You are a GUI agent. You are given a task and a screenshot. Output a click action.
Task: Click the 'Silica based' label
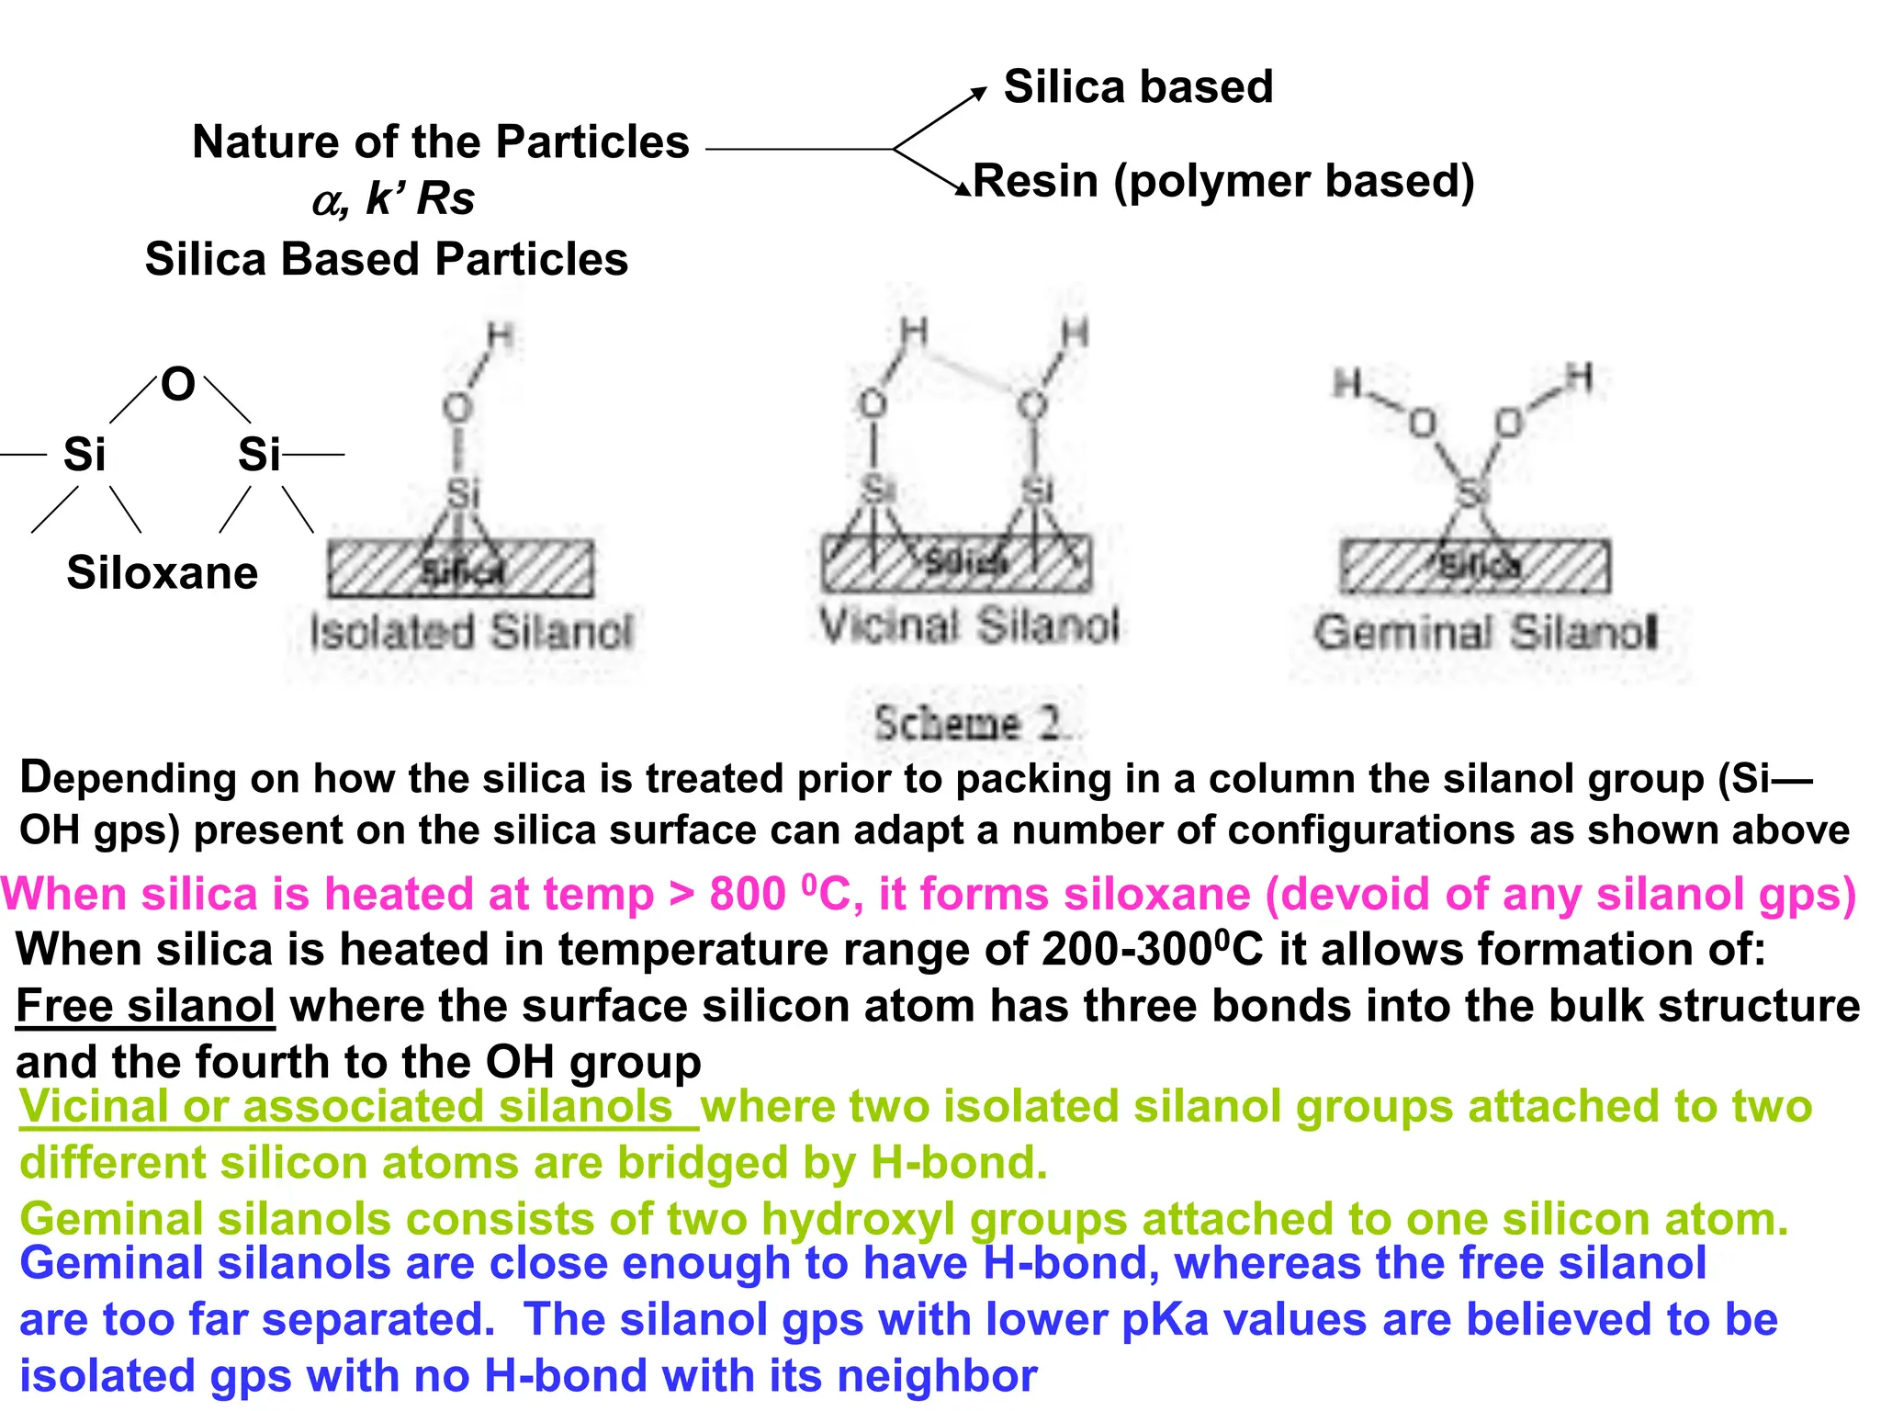pos(1138,87)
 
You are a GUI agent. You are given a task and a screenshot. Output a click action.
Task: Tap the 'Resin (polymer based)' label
pos(1223,181)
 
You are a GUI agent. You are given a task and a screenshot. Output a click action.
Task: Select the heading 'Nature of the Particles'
pos(440,142)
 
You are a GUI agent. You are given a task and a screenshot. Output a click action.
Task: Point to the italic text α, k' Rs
pos(393,198)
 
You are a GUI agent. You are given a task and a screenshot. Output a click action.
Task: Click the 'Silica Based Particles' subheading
pos(387,259)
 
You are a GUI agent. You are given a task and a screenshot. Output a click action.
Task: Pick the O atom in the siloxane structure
pos(178,384)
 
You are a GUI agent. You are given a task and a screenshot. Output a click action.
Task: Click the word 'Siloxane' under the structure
pos(163,573)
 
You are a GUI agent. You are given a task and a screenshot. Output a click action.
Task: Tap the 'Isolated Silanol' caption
pos(471,632)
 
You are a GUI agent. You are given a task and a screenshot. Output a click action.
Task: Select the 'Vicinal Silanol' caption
pos(969,626)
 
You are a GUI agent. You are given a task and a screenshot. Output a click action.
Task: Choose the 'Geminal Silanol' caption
pos(1485,633)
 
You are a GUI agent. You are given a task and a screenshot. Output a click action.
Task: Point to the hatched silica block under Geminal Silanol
pos(1474,567)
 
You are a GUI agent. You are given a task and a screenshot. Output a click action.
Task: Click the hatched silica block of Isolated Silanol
pos(460,570)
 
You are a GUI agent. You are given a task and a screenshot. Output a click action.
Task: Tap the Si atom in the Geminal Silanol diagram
pos(1472,492)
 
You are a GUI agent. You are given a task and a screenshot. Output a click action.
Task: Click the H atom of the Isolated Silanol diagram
pos(500,336)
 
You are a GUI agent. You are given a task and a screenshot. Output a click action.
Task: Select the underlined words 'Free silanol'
pos(145,1006)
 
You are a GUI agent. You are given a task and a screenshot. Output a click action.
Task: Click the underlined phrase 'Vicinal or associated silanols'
pos(347,1107)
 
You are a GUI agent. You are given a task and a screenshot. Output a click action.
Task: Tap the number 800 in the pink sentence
pos(747,895)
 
